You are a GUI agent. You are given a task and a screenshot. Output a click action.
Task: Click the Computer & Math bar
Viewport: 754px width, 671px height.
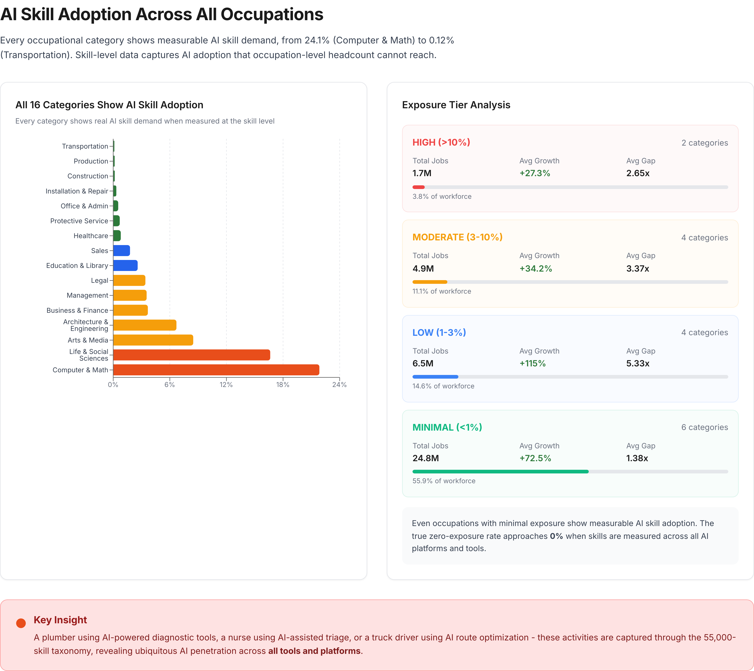point(216,370)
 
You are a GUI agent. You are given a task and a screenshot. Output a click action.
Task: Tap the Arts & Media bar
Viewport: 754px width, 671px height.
point(153,340)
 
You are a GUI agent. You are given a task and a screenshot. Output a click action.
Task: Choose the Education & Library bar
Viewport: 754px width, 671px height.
point(125,265)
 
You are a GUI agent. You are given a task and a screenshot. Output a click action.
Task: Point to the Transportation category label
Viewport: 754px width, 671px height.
point(85,146)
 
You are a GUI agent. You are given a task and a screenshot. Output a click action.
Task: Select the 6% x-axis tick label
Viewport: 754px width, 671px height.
point(170,385)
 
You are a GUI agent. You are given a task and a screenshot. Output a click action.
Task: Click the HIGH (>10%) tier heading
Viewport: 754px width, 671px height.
point(441,142)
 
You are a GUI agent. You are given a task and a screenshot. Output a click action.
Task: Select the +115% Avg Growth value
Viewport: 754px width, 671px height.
point(532,364)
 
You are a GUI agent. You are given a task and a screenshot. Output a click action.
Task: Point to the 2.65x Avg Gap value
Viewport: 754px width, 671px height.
point(638,173)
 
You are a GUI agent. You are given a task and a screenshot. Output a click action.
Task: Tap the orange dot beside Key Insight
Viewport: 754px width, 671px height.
point(21,623)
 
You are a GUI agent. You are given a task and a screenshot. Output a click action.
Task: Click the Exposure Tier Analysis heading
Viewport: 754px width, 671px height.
point(456,105)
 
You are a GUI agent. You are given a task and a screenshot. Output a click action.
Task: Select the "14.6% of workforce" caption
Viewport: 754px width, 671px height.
point(443,386)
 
